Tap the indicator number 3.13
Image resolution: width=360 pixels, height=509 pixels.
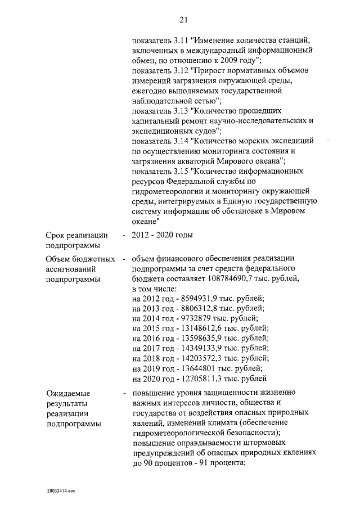179,111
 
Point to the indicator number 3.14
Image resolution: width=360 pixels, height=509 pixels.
179,140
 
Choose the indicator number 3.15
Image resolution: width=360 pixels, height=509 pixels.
179,170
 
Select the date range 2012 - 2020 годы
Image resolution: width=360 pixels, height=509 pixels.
163,235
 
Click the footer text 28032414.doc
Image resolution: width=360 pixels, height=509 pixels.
61,490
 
